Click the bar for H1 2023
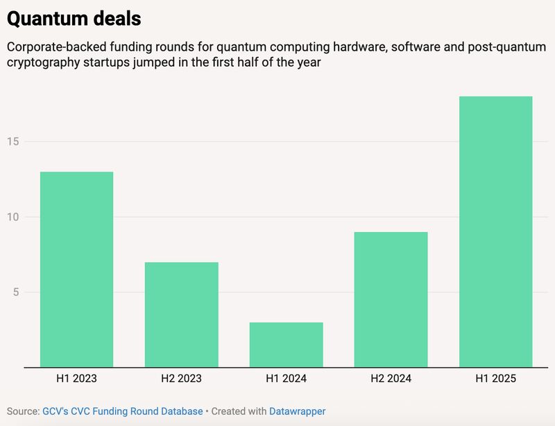76,269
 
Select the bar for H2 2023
181,314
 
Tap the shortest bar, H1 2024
286,345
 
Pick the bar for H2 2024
391,300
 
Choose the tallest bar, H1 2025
495,231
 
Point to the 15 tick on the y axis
14,142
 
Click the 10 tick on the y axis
14,217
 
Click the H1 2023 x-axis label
76,379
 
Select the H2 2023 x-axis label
181,379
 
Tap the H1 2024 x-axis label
286,379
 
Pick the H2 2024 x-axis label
391,379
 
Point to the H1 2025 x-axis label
495,379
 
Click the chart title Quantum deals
74,19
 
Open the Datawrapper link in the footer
297,411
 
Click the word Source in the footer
22,411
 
